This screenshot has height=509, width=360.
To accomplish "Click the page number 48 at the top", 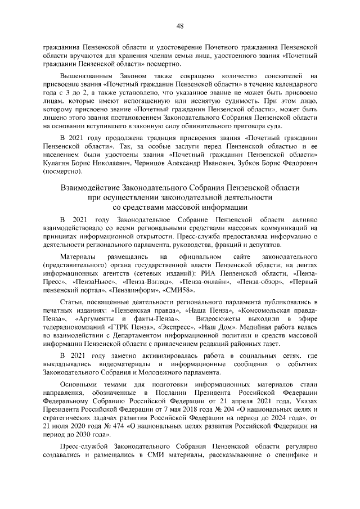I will pos(180,25).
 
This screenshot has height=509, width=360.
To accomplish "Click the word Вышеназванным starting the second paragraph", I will pos(87,75).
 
